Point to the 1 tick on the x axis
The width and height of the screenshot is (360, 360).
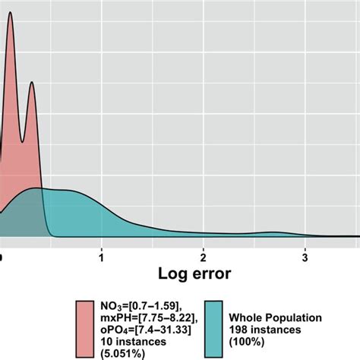pyautogui.click(x=101, y=250)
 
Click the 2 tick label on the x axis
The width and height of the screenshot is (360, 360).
pyautogui.click(x=203, y=250)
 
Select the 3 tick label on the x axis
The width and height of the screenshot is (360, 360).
pyautogui.click(x=305, y=250)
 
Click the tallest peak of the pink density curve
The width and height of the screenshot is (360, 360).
pyautogui.click(x=10, y=13)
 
